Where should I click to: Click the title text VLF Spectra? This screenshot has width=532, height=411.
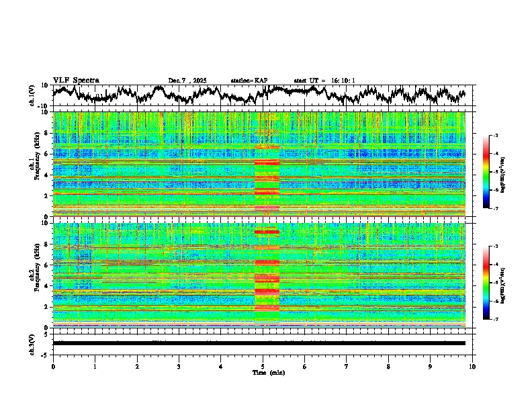(76, 81)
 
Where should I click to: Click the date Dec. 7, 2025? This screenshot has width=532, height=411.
(187, 81)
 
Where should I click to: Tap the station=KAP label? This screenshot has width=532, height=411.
(249, 81)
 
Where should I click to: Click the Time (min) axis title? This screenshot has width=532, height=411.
(268, 372)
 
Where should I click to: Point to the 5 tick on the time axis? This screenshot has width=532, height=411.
(263, 366)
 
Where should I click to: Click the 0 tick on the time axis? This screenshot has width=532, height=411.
(53, 366)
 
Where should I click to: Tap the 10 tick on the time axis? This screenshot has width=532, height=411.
(473, 366)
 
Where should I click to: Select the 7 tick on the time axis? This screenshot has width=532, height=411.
(347, 366)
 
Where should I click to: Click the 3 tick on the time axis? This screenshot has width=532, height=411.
(179, 366)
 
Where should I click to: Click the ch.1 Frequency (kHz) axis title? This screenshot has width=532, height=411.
(34, 165)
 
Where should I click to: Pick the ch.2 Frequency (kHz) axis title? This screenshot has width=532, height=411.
(34, 275)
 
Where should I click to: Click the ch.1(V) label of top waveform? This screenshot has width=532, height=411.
(32, 95)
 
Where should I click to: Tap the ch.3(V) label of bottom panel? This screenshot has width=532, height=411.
(32, 343)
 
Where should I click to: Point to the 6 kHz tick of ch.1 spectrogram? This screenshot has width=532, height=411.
(47, 154)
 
